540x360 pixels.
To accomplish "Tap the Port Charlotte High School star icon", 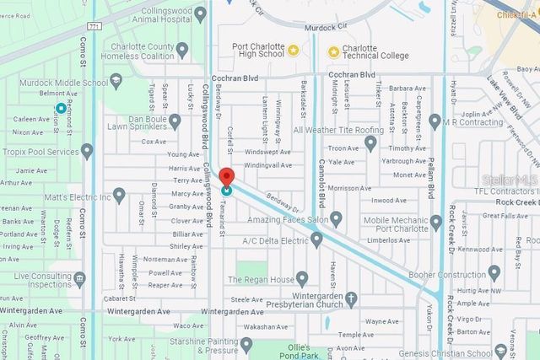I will [293, 51].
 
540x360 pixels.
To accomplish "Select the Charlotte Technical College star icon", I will [334, 51].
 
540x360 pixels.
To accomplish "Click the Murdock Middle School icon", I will [116, 82].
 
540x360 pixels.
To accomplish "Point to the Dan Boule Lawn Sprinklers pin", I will [175, 121].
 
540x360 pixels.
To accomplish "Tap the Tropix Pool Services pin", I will [87, 151].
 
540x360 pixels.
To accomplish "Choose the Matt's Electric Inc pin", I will [119, 196].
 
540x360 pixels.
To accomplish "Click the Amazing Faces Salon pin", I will [336, 219].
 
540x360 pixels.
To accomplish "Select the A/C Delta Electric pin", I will [316, 240].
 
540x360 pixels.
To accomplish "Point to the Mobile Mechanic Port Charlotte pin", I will [435, 223].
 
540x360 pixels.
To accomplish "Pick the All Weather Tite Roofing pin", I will [370, 143].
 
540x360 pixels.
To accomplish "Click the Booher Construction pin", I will [494, 272].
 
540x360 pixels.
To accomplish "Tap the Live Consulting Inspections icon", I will [80, 280].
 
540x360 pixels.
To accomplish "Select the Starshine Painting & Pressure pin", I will [246, 343].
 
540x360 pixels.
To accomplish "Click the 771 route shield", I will [94, 26].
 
